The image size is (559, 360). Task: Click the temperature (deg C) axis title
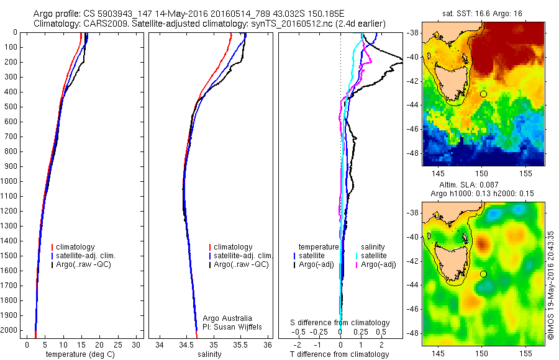coord(81,354)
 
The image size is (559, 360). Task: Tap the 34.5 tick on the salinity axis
coord(186,344)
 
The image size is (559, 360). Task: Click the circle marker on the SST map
coord(483,94)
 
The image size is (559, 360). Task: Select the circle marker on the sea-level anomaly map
coord(483,274)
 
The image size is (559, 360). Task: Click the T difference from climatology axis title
coord(339,354)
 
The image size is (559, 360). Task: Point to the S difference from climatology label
coord(340,323)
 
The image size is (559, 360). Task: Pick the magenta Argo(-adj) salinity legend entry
coord(378,264)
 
